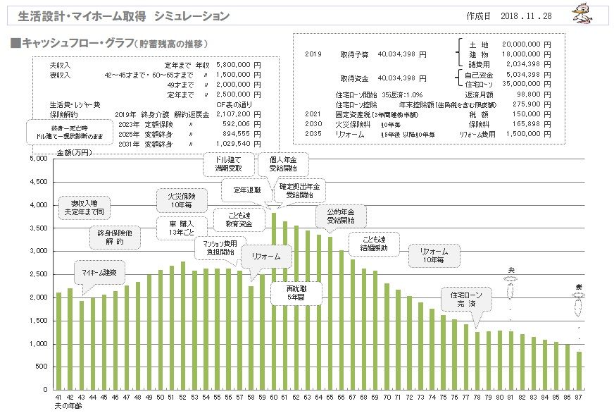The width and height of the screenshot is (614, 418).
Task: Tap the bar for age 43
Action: point(82,345)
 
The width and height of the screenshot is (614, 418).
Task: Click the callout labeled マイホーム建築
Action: point(99,272)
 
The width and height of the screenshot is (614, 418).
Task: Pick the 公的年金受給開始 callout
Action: point(341,216)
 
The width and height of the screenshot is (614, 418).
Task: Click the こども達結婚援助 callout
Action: point(374,243)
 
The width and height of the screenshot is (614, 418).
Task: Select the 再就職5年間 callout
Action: point(294,293)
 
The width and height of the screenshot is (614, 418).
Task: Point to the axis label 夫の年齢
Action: point(68,407)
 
